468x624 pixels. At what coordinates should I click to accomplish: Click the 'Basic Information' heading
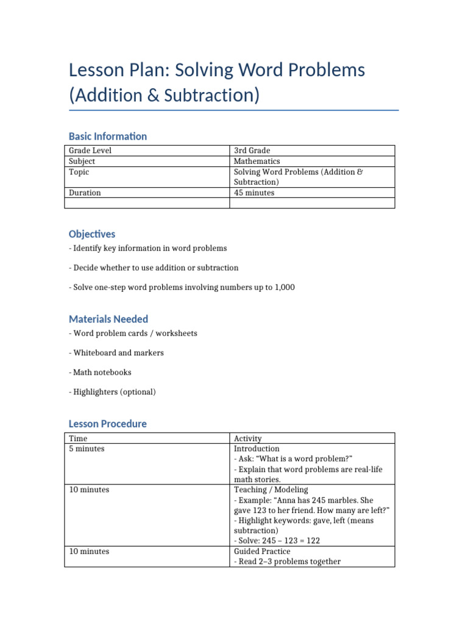108,136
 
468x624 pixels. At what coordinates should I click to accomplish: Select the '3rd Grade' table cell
252,151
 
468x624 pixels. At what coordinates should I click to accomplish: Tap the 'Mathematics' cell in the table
257,161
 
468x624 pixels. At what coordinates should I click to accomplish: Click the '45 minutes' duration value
254,193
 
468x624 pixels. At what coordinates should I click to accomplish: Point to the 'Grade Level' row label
90,151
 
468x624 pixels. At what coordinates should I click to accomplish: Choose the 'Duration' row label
85,193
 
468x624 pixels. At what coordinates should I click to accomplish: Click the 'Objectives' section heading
92,234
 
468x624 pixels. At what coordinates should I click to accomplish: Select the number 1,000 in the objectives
283,287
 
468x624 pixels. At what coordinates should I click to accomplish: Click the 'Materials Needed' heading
108,319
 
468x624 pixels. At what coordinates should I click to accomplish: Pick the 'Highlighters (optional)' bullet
114,392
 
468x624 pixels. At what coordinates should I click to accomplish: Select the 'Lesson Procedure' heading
108,424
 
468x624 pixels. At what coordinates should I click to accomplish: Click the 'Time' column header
78,438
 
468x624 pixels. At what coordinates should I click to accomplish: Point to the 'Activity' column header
247,438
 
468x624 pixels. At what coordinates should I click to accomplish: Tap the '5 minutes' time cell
87,448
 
